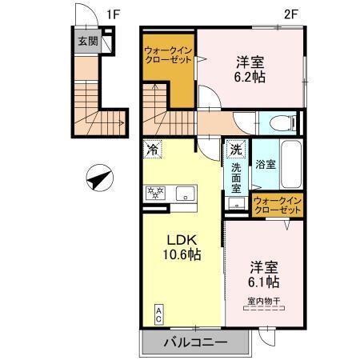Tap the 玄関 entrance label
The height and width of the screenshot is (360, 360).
pos(88,42)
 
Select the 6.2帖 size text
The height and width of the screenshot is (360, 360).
pos(250,78)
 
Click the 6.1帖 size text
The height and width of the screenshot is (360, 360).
pos(263,282)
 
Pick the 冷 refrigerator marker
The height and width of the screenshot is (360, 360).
pos(152,149)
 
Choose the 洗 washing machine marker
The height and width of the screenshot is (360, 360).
pos(236,149)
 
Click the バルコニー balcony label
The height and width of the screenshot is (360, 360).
pos(196,342)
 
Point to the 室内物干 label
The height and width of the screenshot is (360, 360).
pos(263,301)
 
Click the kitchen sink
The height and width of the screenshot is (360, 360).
pos(186,193)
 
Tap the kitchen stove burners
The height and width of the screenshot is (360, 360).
pos(154,193)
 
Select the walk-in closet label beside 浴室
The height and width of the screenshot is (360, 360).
pos(277,205)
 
